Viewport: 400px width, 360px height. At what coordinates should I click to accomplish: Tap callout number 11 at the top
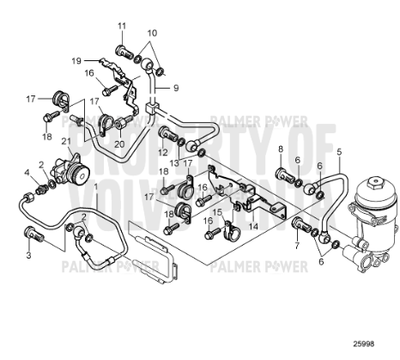[x=121, y=24]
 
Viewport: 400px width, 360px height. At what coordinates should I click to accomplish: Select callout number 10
[x=152, y=32]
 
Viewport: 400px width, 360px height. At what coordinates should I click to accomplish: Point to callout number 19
[x=76, y=60]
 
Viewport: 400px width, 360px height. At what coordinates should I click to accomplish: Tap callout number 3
[x=28, y=257]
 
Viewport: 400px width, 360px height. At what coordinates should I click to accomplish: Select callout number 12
[x=163, y=152]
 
